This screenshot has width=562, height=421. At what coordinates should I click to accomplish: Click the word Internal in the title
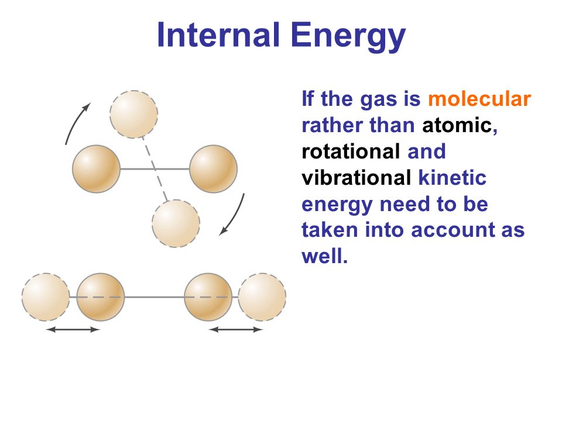click(x=218, y=34)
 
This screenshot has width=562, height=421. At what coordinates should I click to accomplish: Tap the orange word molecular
click(x=479, y=99)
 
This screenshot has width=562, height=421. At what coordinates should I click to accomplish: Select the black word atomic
click(x=457, y=125)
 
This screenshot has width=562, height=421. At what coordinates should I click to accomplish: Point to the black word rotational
click(x=351, y=151)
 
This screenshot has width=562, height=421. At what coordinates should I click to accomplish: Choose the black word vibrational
click(x=357, y=178)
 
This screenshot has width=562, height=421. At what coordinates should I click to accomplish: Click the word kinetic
click(x=453, y=178)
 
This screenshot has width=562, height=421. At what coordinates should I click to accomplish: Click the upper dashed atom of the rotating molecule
click(x=133, y=114)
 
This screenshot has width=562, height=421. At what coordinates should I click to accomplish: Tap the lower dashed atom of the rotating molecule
click(x=176, y=223)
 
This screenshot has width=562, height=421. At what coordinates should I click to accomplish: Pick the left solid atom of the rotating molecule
click(x=96, y=168)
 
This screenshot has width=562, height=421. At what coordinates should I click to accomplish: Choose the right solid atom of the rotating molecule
click(x=213, y=168)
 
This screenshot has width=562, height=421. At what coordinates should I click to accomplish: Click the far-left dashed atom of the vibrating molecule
click(x=46, y=297)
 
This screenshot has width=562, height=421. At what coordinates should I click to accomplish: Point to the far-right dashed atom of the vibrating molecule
click(x=262, y=297)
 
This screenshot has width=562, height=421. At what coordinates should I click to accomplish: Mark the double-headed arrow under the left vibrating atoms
click(x=73, y=329)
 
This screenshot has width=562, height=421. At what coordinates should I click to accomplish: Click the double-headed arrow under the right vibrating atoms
click(x=235, y=329)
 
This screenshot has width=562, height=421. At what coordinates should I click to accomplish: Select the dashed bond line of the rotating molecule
click(x=155, y=169)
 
